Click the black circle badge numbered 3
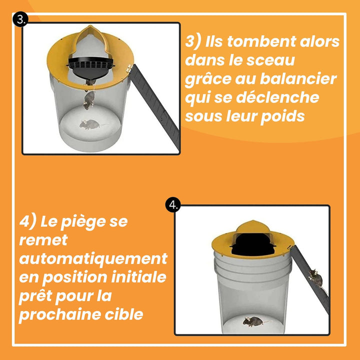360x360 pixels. click(x=20, y=20)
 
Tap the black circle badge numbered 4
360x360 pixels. click(x=173, y=205)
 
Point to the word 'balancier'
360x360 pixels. click(x=298, y=79)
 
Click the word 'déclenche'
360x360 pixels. click(x=277, y=97)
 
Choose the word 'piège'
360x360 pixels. click(x=83, y=222)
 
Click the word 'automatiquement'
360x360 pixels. click(x=93, y=259)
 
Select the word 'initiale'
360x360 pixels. click(x=138, y=277)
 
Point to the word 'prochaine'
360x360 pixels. click(x=59, y=315)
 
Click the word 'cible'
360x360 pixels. click(x=124, y=314)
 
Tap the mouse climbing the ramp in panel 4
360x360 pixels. click(x=316, y=278)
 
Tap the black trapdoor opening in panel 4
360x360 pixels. click(x=253, y=245)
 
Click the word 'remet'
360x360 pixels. click(x=43, y=240)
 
